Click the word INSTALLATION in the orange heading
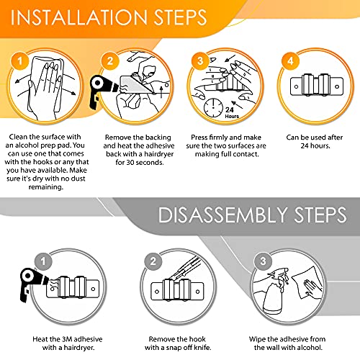pyautogui.click(x=79, y=17)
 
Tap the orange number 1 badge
pyautogui.click(x=19, y=60)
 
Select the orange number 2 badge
pyautogui.click(x=110, y=61)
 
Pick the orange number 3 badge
pyautogui.click(x=200, y=61)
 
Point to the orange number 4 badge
pyautogui.click(x=290, y=61)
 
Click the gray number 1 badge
pyautogui.click(x=43, y=261)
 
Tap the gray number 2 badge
pyautogui.click(x=153, y=261)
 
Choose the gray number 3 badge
pyautogui.click(x=264, y=261)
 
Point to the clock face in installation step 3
pyautogui.click(x=213, y=107)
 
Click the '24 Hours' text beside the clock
pyautogui.click(x=232, y=112)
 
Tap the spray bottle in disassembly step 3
pyautogui.click(x=276, y=293)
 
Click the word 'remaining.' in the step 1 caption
pyautogui.click(x=46, y=187)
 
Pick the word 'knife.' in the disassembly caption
pyautogui.click(x=203, y=348)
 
